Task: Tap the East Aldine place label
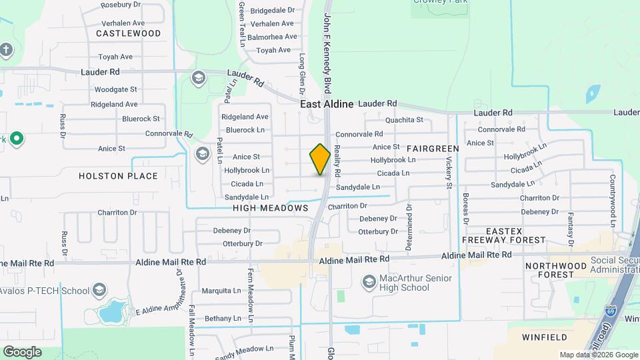327,104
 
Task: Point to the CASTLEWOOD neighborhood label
129,33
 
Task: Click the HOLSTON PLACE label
118,176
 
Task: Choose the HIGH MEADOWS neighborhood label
271,208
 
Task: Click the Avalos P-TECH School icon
99,290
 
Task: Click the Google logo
22,351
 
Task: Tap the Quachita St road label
405,120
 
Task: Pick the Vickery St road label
449,172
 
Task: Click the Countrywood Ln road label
612,194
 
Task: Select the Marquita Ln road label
222,291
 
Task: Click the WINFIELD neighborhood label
544,337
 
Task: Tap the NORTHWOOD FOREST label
550,270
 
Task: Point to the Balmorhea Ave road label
272,37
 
